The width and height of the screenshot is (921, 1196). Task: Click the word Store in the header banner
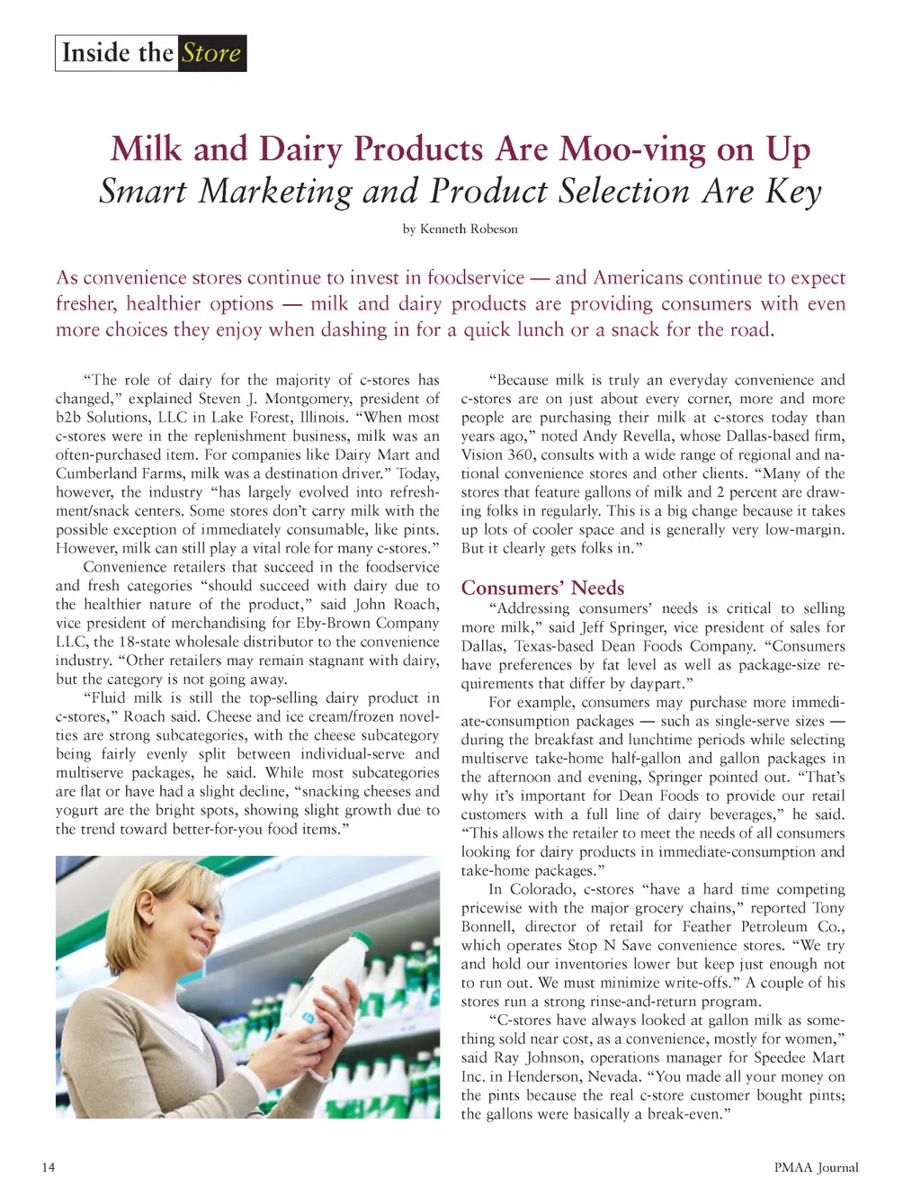(211, 53)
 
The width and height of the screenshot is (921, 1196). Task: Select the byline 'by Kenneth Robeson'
(460, 229)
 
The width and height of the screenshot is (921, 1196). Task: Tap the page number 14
(48, 1167)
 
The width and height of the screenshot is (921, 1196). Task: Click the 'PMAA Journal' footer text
(816, 1167)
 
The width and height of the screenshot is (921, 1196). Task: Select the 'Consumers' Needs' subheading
(542, 588)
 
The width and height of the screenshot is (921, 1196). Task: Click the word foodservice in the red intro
(475, 278)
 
